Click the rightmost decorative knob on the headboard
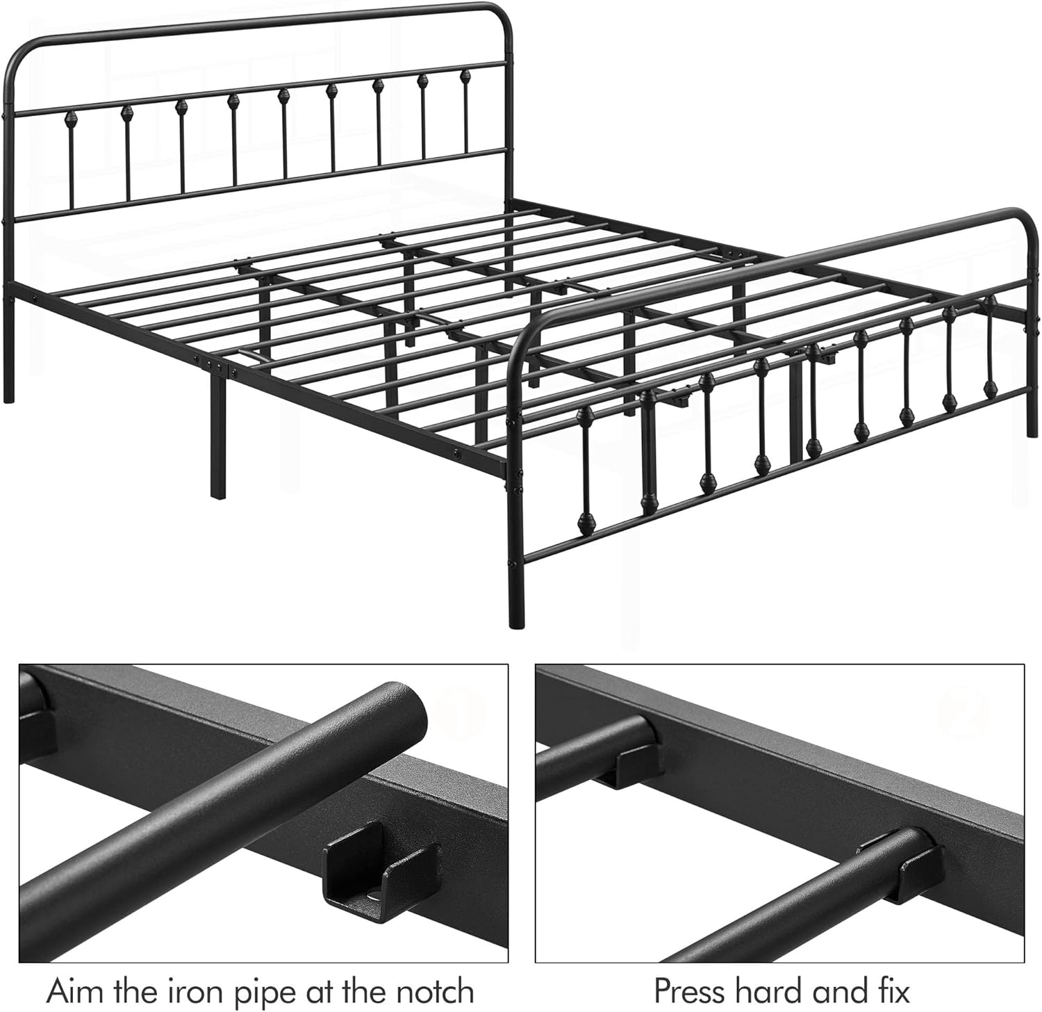[x=465, y=75]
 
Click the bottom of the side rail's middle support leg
[x=217, y=495]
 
